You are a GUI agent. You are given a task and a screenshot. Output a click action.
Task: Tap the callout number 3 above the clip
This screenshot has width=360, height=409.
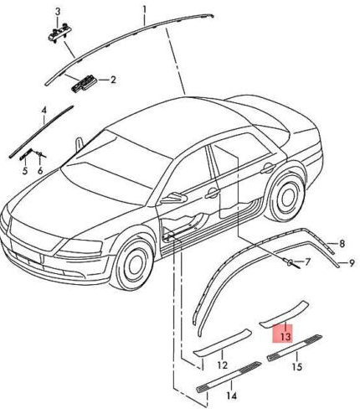click(x=58, y=10)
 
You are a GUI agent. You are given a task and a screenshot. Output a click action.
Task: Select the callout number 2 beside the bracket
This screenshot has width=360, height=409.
click(x=112, y=80)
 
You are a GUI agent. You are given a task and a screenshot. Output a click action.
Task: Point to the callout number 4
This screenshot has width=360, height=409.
click(x=44, y=110)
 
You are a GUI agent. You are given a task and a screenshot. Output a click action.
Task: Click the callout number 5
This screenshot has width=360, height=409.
click(x=25, y=170)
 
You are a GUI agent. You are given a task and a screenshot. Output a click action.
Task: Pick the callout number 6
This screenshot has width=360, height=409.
click(x=39, y=170)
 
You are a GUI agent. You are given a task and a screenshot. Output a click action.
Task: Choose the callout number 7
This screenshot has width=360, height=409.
click(x=306, y=263)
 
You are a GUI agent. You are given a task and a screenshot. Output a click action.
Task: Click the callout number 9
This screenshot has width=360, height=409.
click(x=352, y=263)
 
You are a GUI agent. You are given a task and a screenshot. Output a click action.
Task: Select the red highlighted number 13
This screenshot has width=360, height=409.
click(x=285, y=336)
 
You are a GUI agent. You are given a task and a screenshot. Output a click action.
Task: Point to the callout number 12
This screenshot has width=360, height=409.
click(x=222, y=365)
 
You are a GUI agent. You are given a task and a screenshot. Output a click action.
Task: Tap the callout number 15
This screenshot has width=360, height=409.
click(x=296, y=366)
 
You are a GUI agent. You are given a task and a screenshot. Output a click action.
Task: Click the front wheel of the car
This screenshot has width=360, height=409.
click(x=134, y=265)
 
